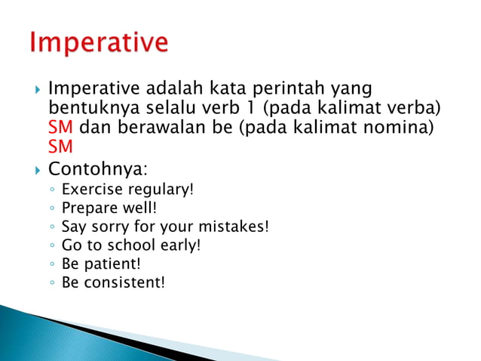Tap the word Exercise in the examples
click(x=89, y=188)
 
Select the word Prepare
click(x=87, y=207)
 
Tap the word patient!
click(x=112, y=264)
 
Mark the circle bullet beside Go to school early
click(x=51, y=245)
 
